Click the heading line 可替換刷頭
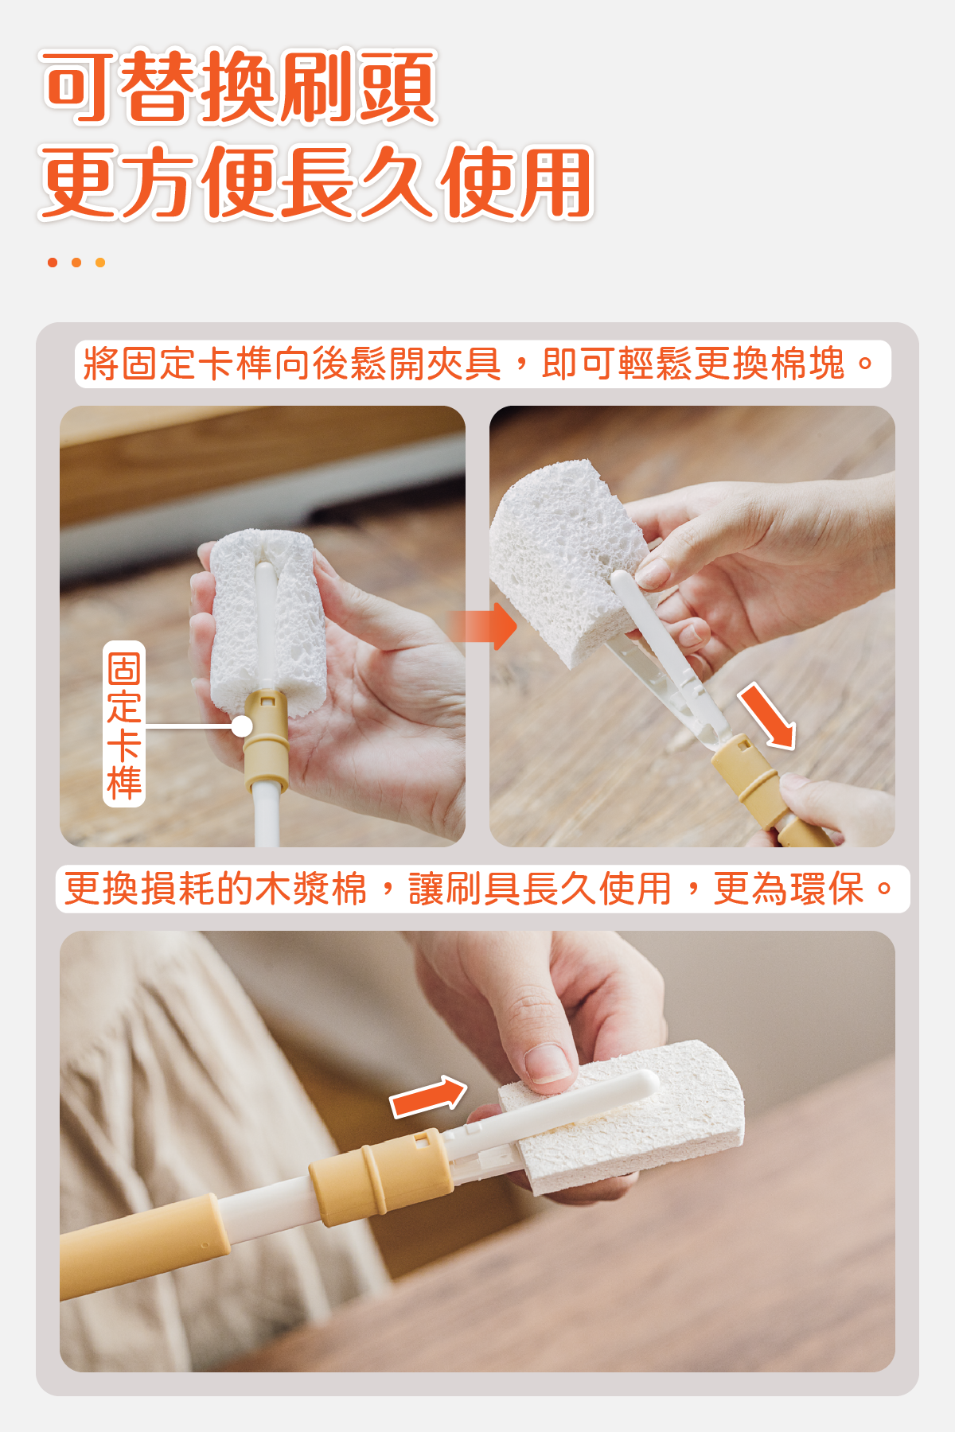tap(239, 87)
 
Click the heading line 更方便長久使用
tap(316, 182)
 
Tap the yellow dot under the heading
tap(100, 263)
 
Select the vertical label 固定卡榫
tap(124, 724)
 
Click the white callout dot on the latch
tap(242, 726)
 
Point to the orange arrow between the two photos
tap(483, 626)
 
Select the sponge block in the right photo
tap(569, 561)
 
